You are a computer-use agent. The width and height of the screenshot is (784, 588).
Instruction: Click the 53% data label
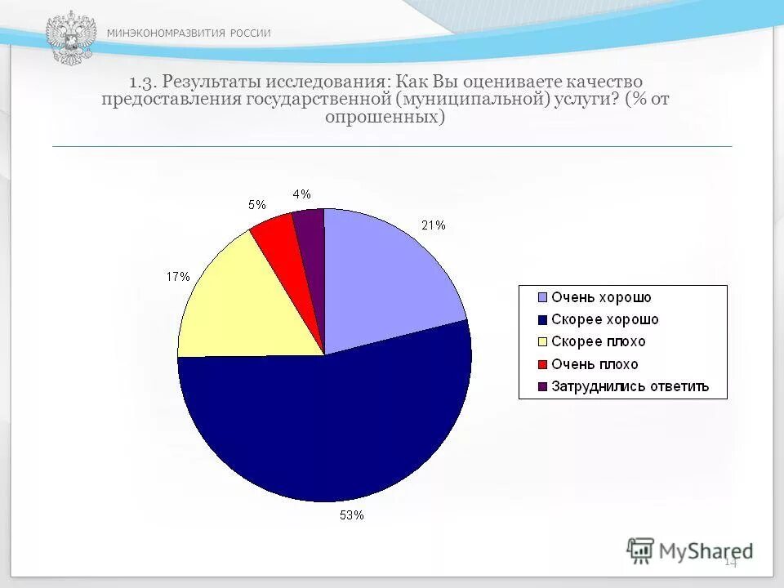point(352,515)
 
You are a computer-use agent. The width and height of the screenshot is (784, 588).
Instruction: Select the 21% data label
point(433,225)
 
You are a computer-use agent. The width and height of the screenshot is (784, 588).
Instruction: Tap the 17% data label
point(178,277)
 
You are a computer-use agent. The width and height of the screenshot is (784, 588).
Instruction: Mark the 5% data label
point(256,205)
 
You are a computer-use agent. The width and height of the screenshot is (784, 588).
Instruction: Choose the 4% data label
point(301,194)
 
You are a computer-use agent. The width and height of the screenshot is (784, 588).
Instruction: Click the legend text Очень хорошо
point(601,298)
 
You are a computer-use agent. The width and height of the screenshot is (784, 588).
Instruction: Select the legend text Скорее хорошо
point(604,320)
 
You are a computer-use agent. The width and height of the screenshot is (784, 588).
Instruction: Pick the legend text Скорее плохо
point(598,342)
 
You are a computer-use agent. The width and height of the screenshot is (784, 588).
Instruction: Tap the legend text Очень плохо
point(595,364)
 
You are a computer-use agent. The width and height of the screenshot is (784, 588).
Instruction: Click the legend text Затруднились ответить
point(630,386)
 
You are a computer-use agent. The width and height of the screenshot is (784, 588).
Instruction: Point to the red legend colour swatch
point(541,364)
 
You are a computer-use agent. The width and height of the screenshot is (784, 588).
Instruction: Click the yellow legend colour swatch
point(541,342)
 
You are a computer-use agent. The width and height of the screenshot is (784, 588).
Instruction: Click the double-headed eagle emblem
point(70,38)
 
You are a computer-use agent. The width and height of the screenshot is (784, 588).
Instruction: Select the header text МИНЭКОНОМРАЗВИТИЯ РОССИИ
point(189,33)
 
